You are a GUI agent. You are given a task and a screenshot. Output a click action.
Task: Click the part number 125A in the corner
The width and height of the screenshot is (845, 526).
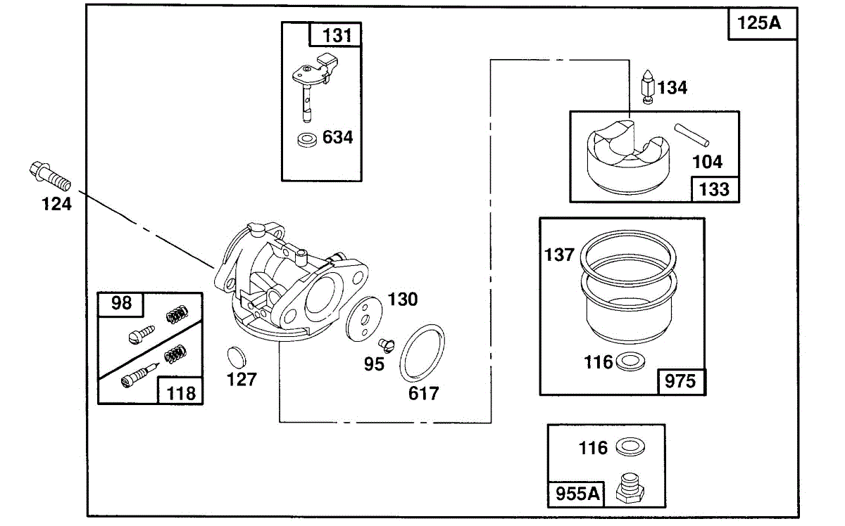point(758,23)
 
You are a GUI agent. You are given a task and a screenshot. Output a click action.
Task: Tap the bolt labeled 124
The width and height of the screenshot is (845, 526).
point(50,177)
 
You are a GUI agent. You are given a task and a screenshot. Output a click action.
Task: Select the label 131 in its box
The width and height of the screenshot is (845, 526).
point(337,36)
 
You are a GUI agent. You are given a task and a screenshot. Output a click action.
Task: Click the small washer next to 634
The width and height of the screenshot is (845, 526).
point(307,140)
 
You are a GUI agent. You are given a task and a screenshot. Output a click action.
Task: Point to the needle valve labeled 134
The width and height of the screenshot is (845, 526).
point(647,86)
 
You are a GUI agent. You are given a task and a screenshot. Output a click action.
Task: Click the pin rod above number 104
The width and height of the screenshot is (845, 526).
point(691,135)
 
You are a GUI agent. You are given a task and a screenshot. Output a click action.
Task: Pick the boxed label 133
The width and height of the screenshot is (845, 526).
point(714,190)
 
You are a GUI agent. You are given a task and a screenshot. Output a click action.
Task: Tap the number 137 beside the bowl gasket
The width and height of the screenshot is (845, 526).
point(559,255)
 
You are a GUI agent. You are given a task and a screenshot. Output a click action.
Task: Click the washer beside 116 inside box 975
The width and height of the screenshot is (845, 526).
point(630,361)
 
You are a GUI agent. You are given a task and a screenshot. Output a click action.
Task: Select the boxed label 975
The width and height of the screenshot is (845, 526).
point(680,381)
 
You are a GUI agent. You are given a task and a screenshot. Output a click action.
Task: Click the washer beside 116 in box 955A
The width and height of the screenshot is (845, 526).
point(630,447)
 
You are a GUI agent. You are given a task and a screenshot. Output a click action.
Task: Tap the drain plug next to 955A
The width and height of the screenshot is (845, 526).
point(630,488)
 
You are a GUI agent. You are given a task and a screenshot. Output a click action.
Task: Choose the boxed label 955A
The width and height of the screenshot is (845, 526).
point(577,494)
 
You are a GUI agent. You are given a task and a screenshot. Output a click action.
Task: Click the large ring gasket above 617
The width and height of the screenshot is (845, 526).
point(422,354)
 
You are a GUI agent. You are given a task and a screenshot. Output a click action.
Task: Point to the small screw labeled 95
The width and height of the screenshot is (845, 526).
point(387,345)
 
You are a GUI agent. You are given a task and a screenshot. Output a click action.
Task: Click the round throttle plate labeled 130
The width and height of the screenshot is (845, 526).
point(363,319)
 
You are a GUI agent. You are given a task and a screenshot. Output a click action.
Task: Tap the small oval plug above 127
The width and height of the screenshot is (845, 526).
point(236,357)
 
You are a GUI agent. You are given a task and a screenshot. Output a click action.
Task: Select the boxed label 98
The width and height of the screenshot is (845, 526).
point(121,303)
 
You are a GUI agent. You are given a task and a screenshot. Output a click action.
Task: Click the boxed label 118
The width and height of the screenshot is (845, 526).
point(181,393)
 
